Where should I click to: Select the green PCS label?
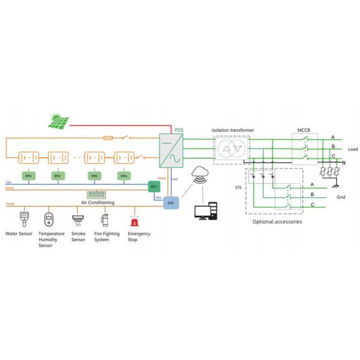[179, 130]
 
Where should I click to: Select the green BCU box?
[153, 187]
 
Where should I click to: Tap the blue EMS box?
[170, 203]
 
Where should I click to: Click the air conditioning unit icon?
[96, 194]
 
